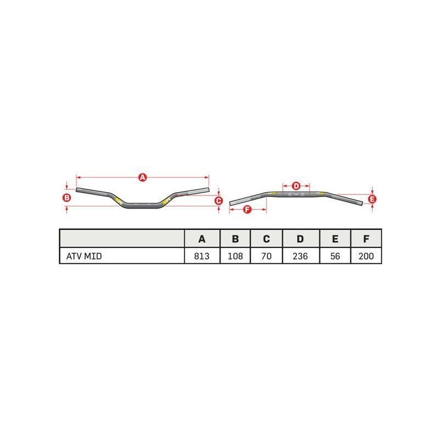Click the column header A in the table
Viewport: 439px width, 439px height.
(x=202, y=239)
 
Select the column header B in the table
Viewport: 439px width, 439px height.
(x=235, y=239)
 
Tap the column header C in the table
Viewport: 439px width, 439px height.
(x=266, y=239)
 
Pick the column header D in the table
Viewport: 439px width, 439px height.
(x=300, y=239)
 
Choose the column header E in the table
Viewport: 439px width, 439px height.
(x=335, y=239)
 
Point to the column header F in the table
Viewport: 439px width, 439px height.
(x=365, y=239)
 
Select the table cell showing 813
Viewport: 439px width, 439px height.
(x=202, y=256)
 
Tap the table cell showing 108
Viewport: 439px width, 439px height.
(x=235, y=256)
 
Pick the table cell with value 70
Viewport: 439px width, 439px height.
(x=266, y=256)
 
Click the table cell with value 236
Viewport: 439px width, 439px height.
(x=300, y=256)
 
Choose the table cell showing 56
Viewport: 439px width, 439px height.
(x=335, y=256)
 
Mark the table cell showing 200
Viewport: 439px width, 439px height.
(x=365, y=256)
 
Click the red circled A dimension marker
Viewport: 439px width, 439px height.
(x=143, y=177)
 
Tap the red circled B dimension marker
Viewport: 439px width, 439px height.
(x=66, y=198)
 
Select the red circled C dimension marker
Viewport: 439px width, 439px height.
(x=218, y=201)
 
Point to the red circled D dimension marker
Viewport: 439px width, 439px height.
(x=296, y=185)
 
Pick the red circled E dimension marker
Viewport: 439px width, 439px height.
(x=372, y=199)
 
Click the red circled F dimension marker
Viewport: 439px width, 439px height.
(x=247, y=210)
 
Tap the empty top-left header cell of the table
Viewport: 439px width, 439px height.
(x=122, y=239)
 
